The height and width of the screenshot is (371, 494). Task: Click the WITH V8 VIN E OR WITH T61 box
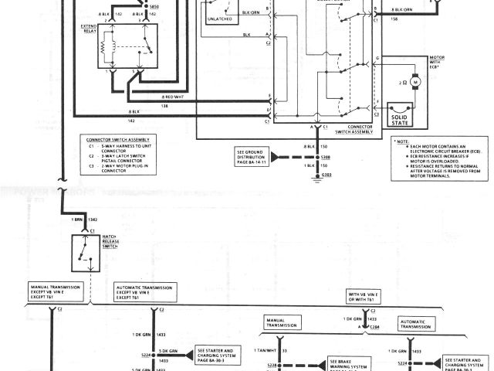(x=364, y=298)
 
